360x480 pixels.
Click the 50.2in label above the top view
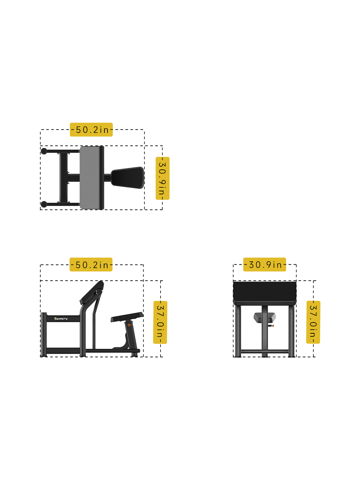tap(91, 130)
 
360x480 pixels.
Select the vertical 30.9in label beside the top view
tap(162, 178)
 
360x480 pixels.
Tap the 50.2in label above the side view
tap(91, 265)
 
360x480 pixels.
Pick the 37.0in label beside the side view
tap(160, 322)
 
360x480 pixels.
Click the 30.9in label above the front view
tap(265, 265)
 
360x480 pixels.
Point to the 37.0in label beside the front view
tap(313, 322)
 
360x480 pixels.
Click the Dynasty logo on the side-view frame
tap(61, 319)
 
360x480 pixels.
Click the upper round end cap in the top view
tap(44, 151)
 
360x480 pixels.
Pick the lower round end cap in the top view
tap(44, 204)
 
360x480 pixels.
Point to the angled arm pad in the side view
tap(91, 293)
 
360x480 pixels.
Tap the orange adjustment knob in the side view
tap(129, 325)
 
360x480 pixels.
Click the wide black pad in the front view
tap(265, 292)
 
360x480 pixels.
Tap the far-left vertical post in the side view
tap(44, 335)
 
